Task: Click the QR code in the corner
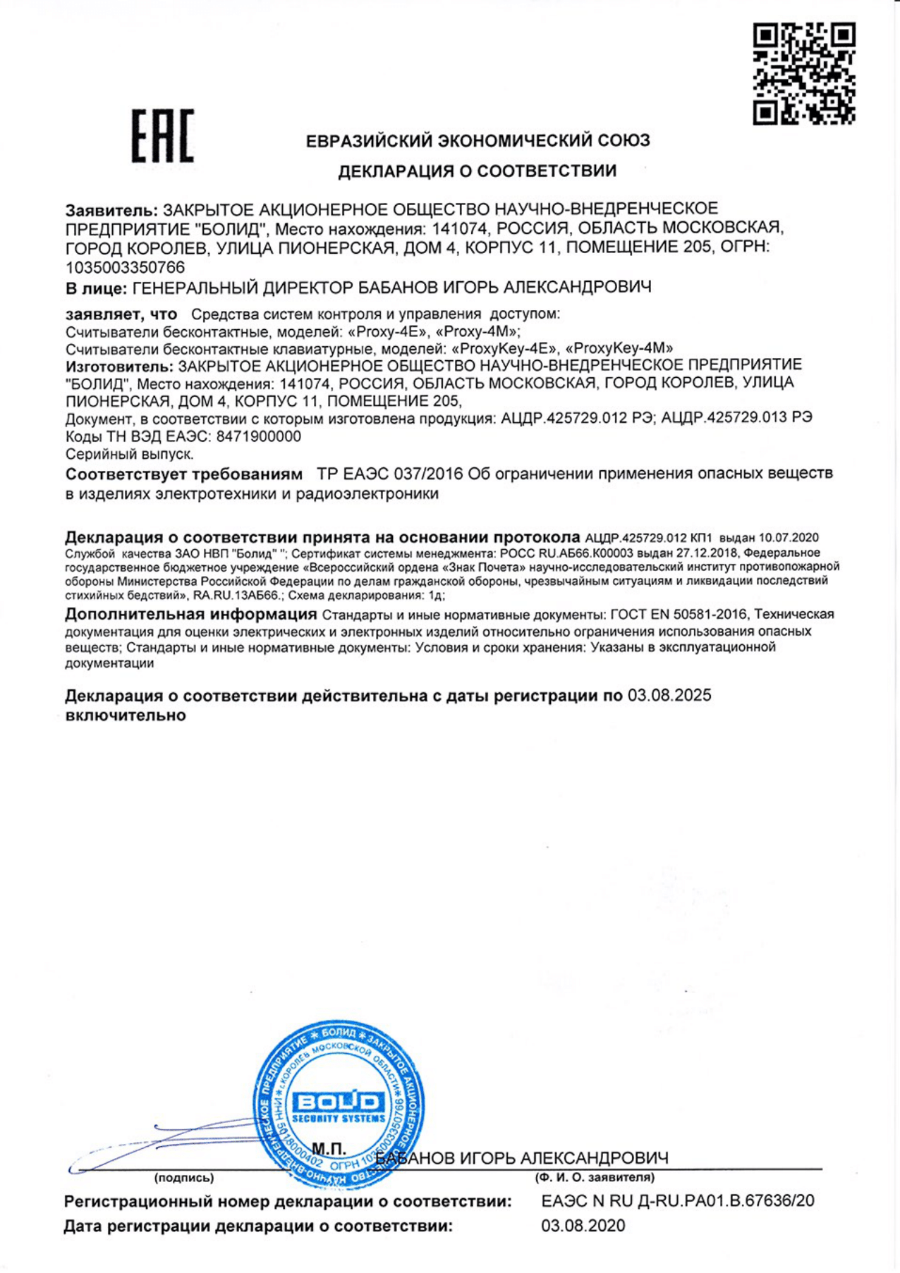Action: pos(804,73)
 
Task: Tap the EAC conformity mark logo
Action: pos(162,137)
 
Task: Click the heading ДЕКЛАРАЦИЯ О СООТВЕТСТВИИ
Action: pos(478,171)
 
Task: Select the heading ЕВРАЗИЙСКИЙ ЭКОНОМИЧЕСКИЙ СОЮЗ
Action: pos(478,141)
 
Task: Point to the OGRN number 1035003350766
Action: pos(126,268)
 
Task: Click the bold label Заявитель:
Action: pos(111,210)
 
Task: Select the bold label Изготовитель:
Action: pos(119,367)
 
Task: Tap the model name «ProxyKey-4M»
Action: pos(619,348)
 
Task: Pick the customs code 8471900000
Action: pos(259,437)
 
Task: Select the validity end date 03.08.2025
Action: pos(669,696)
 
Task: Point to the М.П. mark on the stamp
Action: pos(329,1149)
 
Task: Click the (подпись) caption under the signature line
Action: pos(184,1178)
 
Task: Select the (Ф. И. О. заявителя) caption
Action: pos(595,1178)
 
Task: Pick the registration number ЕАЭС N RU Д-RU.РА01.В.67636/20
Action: pos(678,1201)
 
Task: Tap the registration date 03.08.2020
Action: pos(583,1226)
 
